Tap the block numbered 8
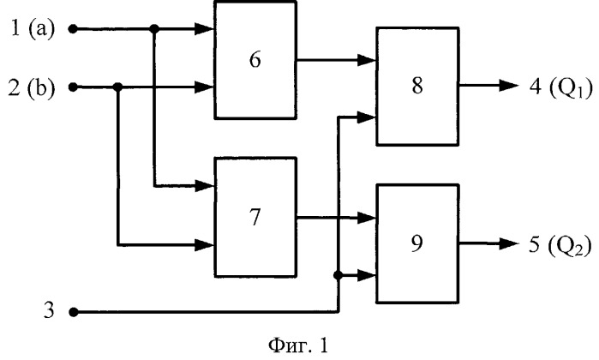[416, 88]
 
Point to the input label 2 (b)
[33, 86]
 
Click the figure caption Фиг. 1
[298, 345]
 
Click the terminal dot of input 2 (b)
[73, 86]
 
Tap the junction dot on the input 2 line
[117, 86]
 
